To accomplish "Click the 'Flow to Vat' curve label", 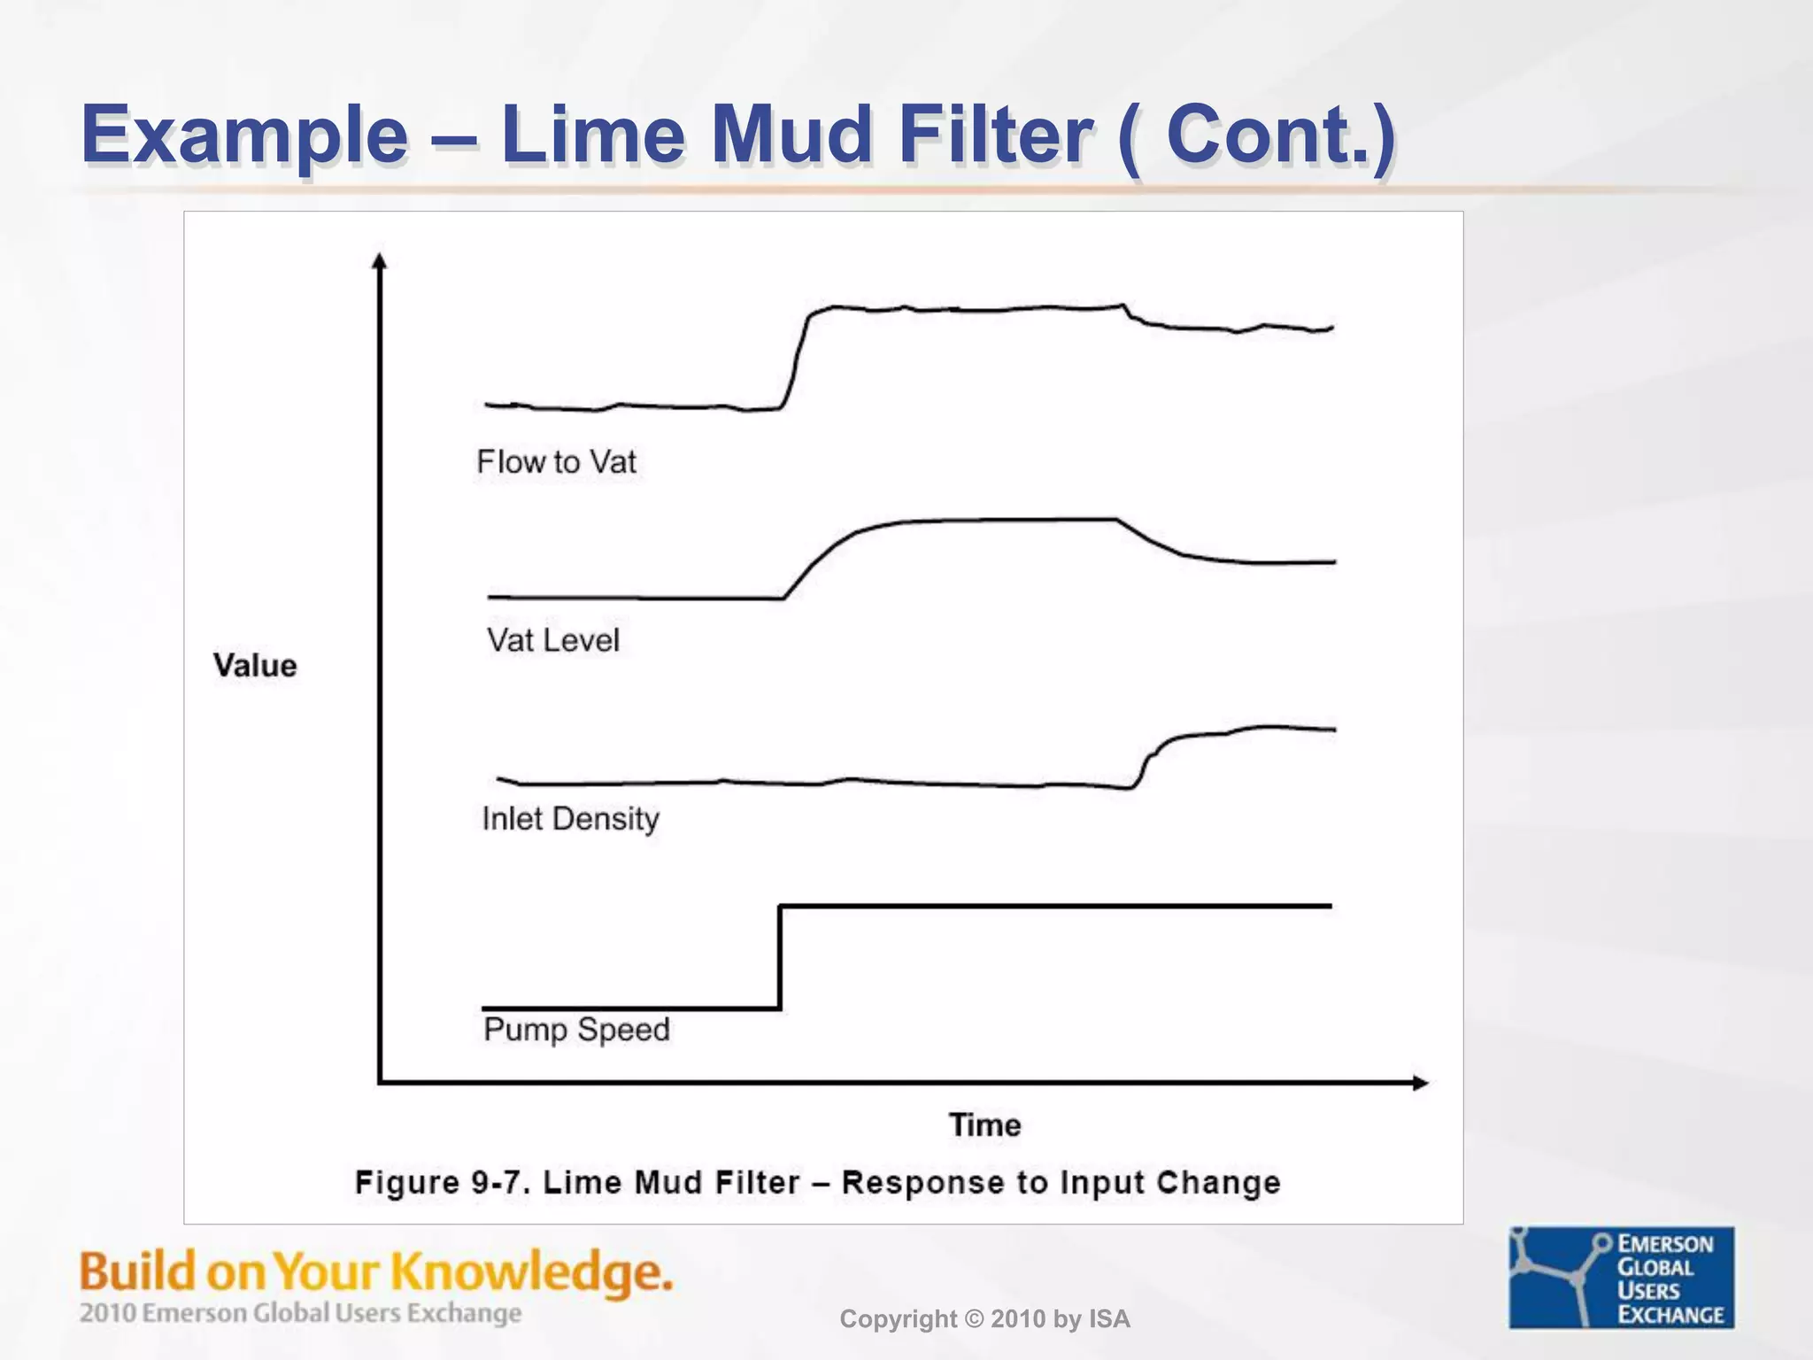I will click(556, 461).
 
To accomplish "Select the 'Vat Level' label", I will click(552, 640).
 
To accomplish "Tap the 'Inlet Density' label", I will click(570, 819).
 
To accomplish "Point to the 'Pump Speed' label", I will click(576, 1030).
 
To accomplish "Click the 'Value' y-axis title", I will click(255, 666).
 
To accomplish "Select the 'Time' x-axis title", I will click(984, 1125).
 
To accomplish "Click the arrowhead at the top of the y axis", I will click(380, 261).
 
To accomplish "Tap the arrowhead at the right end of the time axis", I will click(1419, 1083).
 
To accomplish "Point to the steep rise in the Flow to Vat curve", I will click(796, 359).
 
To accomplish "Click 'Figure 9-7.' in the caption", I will click(442, 1183).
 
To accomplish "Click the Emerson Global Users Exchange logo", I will click(1621, 1278).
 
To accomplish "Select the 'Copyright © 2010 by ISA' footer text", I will click(984, 1319).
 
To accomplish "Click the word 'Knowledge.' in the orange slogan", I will click(532, 1273).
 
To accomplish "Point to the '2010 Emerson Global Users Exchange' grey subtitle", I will click(300, 1313).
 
